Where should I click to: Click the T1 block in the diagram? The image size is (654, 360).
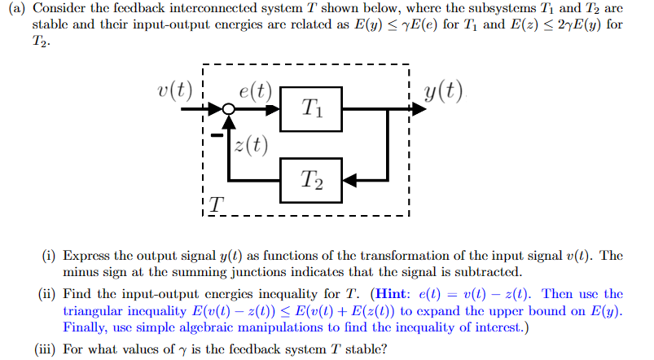[x=311, y=108]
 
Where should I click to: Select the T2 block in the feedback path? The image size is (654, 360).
[x=311, y=178]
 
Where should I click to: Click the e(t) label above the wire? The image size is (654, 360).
[x=256, y=90]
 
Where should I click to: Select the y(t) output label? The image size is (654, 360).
[x=443, y=89]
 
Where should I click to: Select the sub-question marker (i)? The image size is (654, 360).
[x=49, y=255]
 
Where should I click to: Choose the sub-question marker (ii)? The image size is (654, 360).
[x=47, y=293]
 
